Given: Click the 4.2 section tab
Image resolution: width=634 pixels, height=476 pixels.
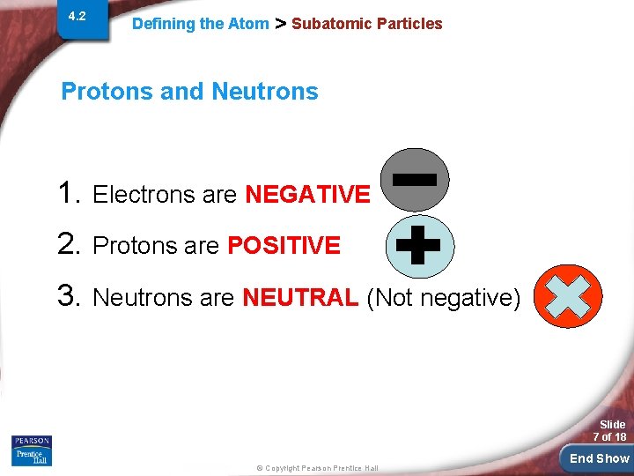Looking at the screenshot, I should click(x=77, y=17).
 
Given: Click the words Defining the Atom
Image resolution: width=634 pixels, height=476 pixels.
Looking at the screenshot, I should click(x=200, y=24).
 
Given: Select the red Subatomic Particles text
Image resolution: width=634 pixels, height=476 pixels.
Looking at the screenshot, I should click(x=366, y=24).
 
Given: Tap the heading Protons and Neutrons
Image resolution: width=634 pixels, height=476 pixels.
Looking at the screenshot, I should click(x=189, y=91).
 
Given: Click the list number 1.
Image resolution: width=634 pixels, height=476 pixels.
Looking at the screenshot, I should click(x=70, y=192).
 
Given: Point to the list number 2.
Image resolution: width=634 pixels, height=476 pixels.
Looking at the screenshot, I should click(x=70, y=244).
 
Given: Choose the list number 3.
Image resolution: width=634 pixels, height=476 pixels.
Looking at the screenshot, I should click(x=70, y=296).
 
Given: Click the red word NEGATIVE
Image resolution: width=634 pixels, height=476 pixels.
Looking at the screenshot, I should click(x=307, y=194).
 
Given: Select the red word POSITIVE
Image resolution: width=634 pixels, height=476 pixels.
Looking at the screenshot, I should click(x=284, y=246).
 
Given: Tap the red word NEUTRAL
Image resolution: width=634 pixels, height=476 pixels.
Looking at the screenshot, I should click(x=299, y=298).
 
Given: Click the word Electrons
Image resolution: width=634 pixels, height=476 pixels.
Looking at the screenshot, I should click(x=144, y=194).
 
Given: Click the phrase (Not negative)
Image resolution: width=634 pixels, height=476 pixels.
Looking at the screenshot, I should click(x=443, y=298).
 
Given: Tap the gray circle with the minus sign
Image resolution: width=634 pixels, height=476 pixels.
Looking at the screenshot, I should click(x=415, y=181).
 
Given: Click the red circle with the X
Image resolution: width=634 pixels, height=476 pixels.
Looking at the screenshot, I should click(x=568, y=296).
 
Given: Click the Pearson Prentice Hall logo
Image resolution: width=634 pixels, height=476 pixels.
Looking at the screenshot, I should click(x=32, y=450).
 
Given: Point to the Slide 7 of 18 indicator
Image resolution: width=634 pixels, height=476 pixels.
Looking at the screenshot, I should click(x=608, y=431).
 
